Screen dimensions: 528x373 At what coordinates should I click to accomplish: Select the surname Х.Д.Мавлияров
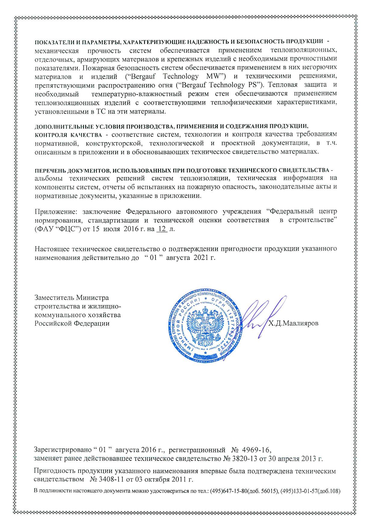293,323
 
